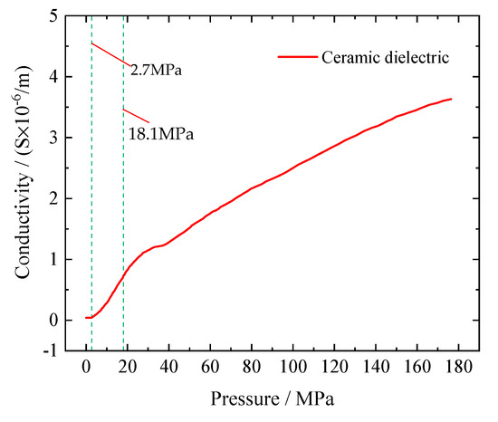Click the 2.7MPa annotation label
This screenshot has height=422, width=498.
click(x=157, y=69)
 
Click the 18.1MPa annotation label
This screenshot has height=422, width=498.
click(x=160, y=134)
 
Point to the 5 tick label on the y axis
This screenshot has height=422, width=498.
click(x=57, y=16)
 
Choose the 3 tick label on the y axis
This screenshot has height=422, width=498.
click(x=57, y=138)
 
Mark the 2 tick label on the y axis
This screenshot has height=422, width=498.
click(x=57, y=198)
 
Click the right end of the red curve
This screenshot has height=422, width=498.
click(x=450, y=99)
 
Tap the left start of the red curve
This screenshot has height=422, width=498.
click(x=86, y=317)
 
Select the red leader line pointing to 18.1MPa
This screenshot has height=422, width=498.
click(x=136, y=117)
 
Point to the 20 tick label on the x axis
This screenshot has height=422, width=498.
click(x=128, y=369)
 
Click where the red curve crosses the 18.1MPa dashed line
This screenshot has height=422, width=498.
click(x=123, y=274)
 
